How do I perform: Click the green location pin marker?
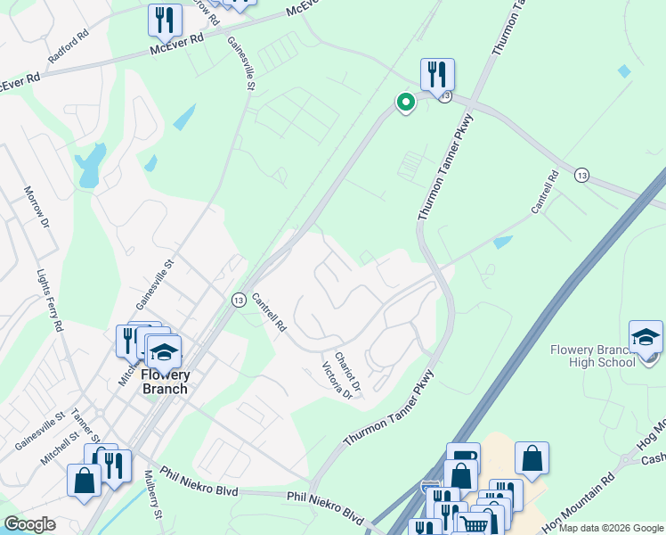(406, 103)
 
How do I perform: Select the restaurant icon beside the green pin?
(437, 74)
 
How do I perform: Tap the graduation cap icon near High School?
(646, 338)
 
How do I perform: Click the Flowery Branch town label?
(165, 382)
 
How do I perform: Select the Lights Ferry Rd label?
(50, 301)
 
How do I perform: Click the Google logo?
(29, 524)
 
